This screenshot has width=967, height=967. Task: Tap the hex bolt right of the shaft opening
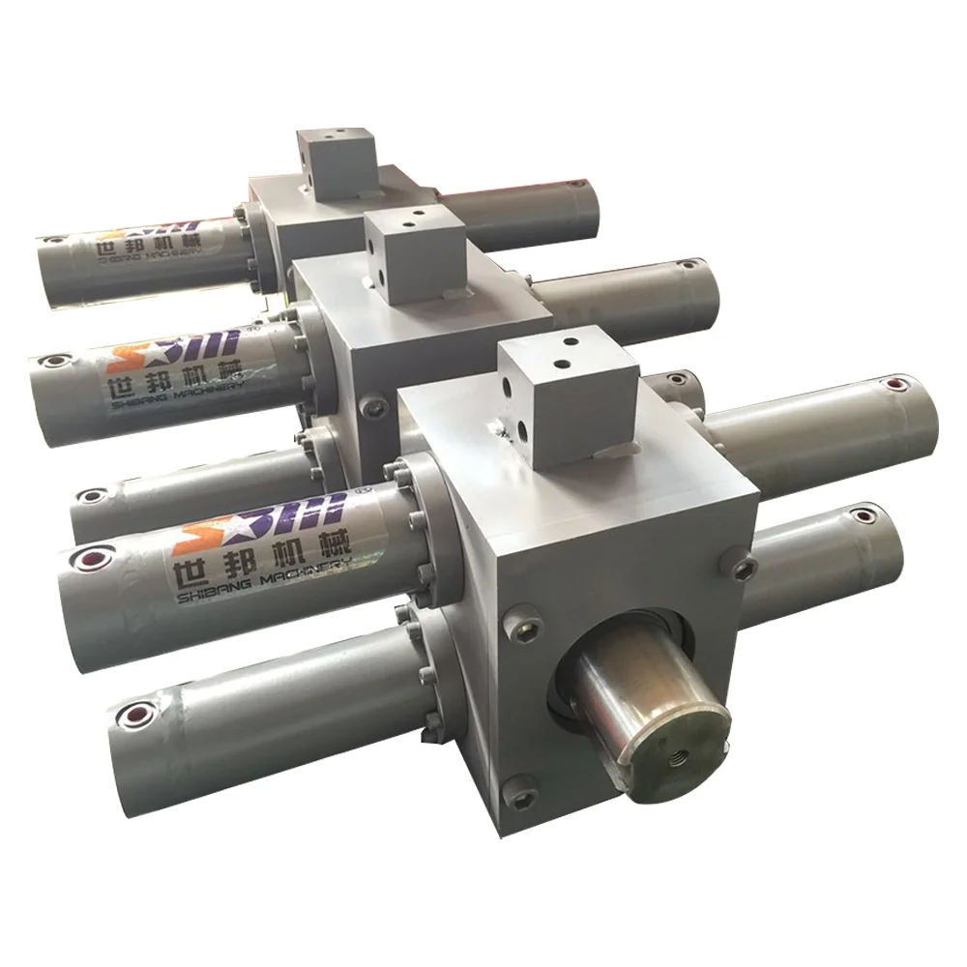coord(743,567)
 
